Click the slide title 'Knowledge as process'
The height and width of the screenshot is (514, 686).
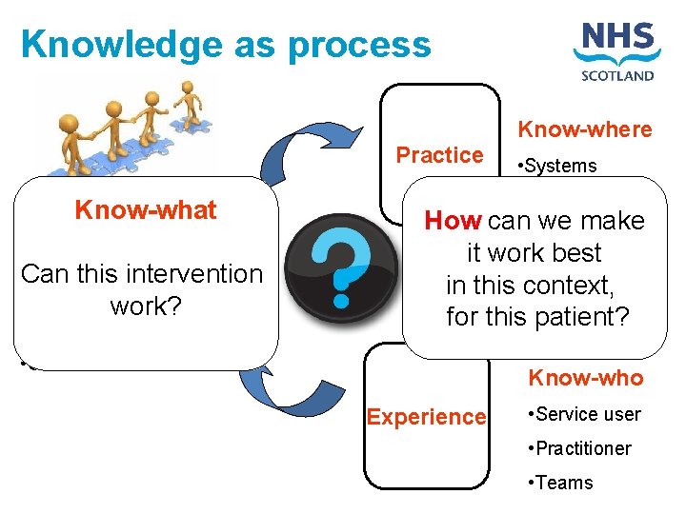point(226,44)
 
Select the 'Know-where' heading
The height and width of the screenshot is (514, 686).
point(584,129)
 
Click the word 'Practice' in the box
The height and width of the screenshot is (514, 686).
point(439,155)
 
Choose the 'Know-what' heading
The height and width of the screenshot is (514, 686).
point(146,210)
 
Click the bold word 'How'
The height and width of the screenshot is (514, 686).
point(453,221)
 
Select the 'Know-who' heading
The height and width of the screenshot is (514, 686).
point(586,378)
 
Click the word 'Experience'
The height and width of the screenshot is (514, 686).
point(426,417)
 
